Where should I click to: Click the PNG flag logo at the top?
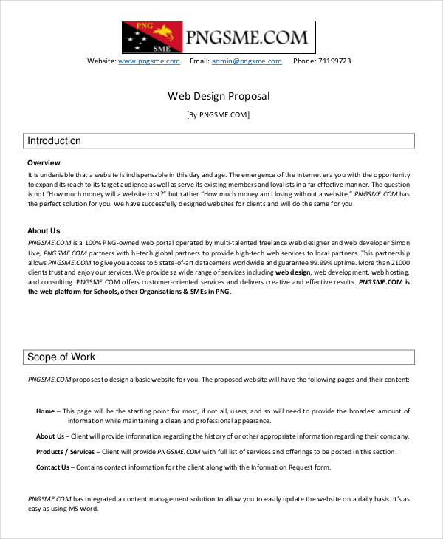153,36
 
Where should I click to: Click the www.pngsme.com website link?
149,61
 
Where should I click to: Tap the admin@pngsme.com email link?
247,61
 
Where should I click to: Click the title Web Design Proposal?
219,96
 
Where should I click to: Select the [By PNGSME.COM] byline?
219,114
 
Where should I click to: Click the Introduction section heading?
54,140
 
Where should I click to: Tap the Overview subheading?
44,162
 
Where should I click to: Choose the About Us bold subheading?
44,230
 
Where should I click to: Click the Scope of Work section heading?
61,357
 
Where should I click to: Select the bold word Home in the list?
45,411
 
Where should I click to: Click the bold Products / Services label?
65,451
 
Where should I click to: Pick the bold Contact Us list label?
52,467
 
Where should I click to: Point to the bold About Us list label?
50,436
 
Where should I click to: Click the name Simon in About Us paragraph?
399,242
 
